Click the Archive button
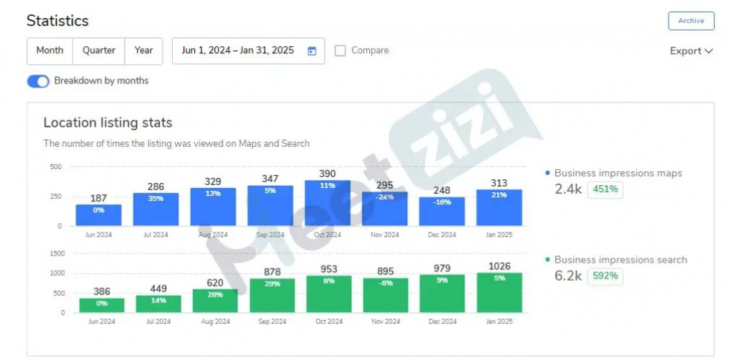(691, 21)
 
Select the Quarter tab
(99, 50)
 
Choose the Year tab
(143, 50)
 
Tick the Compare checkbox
(340, 50)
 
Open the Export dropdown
(690, 51)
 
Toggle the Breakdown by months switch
(37, 81)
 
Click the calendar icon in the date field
(312, 51)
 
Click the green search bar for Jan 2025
(499, 293)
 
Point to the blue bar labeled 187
(99, 215)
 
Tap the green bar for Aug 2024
(215, 301)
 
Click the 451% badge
(605, 190)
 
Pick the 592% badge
(605, 276)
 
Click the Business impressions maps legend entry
(617, 174)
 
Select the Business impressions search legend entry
(620, 260)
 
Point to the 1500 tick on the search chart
(57, 253)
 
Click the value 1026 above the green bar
(499, 266)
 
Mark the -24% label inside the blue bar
(384, 197)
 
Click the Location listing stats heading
(108, 123)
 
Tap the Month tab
(50, 50)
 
